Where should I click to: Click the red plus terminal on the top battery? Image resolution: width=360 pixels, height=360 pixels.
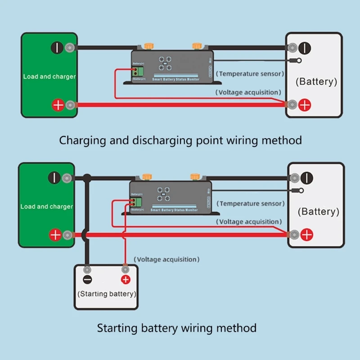[x=305, y=105]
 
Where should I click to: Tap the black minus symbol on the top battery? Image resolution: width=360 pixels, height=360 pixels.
[x=305, y=47]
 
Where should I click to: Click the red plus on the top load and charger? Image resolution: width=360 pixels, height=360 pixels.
[x=58, y=105]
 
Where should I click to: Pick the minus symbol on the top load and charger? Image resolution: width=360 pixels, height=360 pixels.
[x=57, y=48]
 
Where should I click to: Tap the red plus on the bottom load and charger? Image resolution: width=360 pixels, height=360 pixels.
[x=55, y=234]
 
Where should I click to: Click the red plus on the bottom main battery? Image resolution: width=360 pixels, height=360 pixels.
[x=307, y=234]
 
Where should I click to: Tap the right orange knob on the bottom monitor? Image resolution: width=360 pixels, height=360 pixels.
[x=195, y=176]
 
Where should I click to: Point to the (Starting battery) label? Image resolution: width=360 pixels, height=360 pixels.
[x=106, y=294]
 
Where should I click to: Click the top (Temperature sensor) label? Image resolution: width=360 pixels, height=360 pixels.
[x=250, y=73]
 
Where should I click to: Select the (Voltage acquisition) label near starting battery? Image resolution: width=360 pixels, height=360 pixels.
[x=166, y=259]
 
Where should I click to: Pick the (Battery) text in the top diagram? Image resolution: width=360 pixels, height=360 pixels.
[x=316, y=81]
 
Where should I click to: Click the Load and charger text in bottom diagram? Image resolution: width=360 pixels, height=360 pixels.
[x=46, y=207]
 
